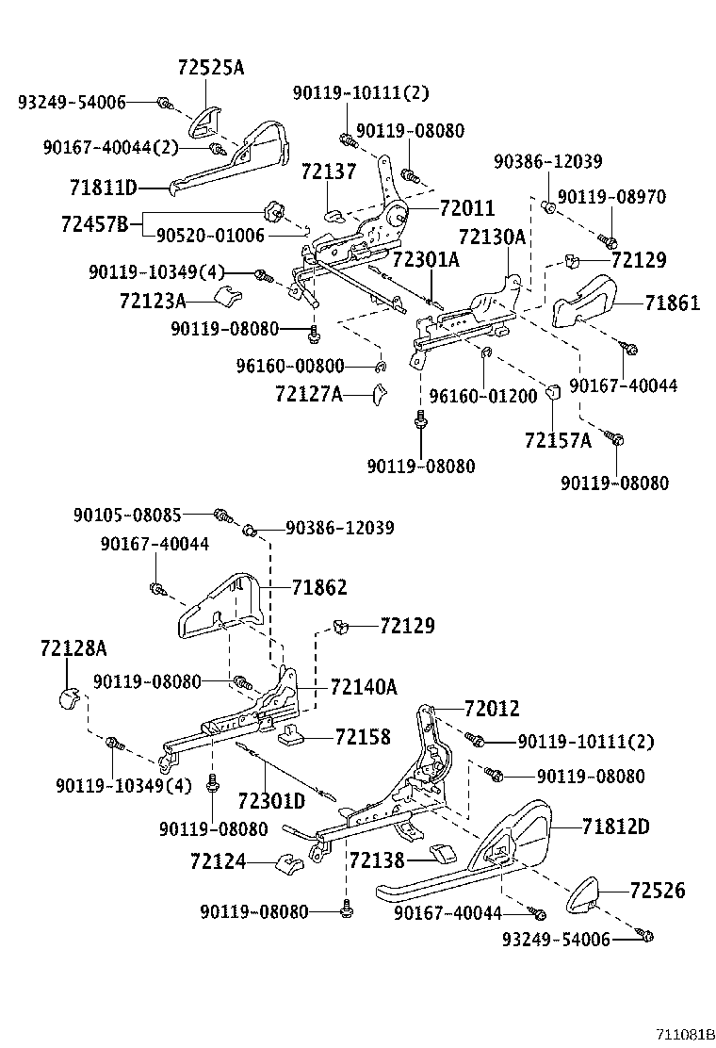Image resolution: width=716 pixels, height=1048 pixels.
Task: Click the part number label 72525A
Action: point(210,68)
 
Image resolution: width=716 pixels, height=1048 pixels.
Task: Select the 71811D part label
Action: point(103,186)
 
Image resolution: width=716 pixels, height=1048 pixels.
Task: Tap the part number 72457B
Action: point(94,224)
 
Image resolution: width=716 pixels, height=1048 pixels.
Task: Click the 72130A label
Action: point(492,237)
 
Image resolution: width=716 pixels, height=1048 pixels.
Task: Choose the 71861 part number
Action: point(673,303)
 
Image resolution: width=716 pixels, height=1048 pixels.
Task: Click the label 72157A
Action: point(558,440)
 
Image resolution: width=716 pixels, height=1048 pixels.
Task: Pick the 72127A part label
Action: point(308,394)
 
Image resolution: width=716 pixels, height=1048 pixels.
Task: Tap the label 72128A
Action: point(73,648)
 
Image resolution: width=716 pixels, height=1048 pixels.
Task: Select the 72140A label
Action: point(364,687)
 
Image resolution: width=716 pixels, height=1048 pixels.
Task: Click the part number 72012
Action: point(491,709)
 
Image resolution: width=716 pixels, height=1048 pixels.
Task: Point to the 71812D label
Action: point(616,827)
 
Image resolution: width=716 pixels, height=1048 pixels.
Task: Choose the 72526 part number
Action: point(658,891)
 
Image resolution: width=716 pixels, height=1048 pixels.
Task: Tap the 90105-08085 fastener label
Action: point(127,515)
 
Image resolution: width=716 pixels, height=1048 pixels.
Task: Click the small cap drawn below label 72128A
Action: point(65,698)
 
